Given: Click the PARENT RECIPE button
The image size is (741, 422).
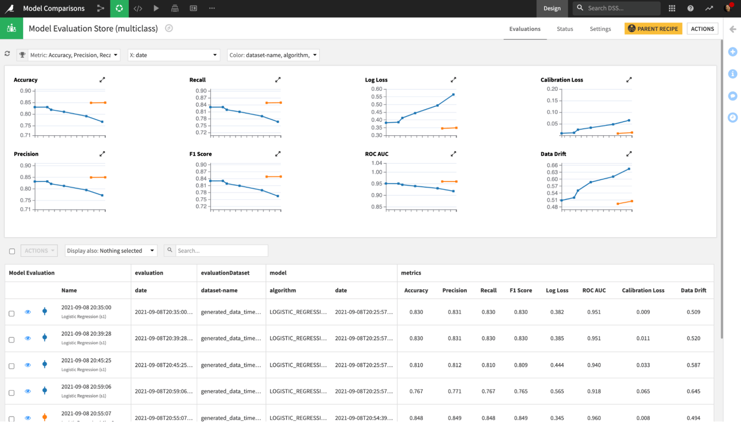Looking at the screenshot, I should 653,29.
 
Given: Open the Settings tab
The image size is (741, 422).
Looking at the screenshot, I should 600,29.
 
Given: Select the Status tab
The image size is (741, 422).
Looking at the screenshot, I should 565,29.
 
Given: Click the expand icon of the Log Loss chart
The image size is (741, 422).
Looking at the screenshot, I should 453,80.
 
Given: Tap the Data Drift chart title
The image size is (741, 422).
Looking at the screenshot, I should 553,154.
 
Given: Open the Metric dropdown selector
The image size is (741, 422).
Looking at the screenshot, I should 73,55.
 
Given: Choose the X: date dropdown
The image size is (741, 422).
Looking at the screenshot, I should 173,55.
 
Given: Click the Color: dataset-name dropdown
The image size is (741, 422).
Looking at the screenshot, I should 273,55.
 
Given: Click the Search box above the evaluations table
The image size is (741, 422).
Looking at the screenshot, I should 221,251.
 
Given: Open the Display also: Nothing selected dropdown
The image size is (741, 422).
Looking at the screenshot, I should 110,251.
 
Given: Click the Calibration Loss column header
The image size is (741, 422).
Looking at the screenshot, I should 643,290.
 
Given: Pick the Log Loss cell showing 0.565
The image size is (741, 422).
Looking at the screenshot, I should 557,391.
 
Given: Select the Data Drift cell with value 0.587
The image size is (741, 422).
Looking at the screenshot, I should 693,365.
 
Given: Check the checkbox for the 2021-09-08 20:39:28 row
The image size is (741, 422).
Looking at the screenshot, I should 12,340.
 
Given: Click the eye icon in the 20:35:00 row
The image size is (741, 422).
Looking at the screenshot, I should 28,312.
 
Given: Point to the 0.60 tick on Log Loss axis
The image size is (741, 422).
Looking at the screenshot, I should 377,89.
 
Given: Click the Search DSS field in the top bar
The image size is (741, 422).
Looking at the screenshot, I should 621,8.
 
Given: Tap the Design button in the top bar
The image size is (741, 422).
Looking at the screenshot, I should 552,8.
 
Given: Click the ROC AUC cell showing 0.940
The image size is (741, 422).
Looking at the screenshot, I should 594,365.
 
